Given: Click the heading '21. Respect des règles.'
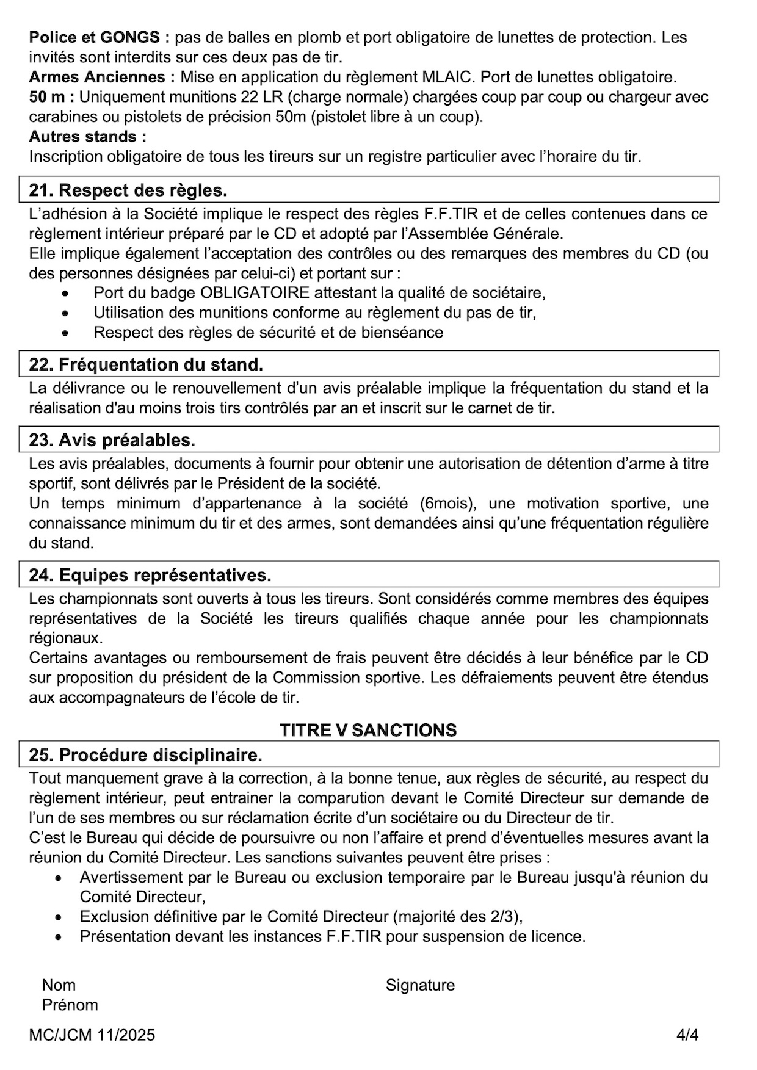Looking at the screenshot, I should point(128,190).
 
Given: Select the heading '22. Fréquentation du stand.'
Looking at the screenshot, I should point(146,364).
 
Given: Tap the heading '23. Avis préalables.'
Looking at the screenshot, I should point(112,440).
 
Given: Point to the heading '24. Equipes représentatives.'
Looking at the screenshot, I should point(150,575).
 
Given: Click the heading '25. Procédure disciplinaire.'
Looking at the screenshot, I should point(146,755).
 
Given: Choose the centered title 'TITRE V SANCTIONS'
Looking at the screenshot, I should point(368,730).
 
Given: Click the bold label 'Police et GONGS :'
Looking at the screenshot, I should point(100,37).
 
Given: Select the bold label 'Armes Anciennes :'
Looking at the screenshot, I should point(102,77).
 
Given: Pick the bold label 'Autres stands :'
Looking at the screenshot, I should point(87,136).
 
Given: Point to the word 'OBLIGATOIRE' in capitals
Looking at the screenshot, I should point(255,292).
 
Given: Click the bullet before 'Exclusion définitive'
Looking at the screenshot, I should point(59,917).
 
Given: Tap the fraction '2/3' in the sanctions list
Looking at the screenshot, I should point(505,917).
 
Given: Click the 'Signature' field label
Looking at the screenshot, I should point(420,985).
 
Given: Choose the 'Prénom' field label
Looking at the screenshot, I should point(70,1005).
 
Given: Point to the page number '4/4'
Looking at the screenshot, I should point(687,1035).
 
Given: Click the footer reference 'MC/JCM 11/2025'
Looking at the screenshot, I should point(92,1035).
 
